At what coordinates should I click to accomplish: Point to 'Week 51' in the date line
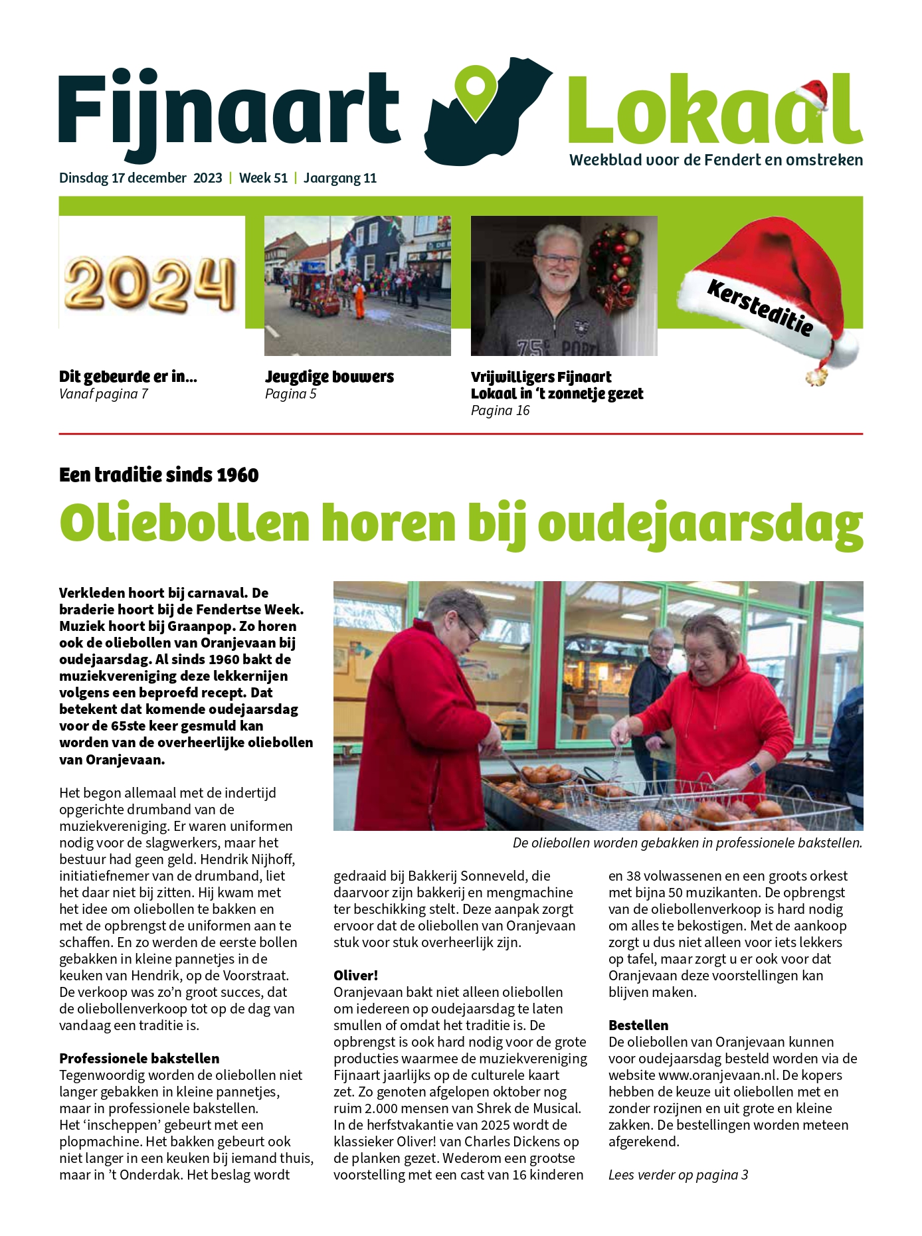point(263,178)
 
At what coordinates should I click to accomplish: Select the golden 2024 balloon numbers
point(150,284)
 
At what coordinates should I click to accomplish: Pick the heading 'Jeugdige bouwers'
point(329,377)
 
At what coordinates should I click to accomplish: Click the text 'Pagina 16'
point(500,410)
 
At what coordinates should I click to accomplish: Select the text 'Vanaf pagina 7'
point(103,394)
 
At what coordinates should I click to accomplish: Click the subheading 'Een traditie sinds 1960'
point(159,475)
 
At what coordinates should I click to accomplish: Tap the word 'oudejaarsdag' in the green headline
point(700,525)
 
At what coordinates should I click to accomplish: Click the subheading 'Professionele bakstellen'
point(139,1058)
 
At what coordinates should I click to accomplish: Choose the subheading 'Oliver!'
point(355,975)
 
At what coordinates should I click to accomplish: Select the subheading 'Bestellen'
point(638,1025)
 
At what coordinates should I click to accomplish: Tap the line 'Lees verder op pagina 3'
point(678,1174)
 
